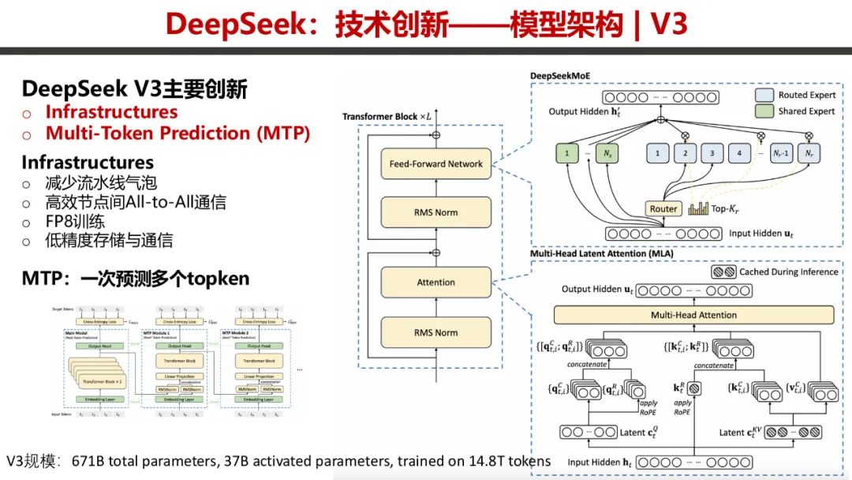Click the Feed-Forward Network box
coord(435,164)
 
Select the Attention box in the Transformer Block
coord(435,282)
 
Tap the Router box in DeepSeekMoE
coord(664,209)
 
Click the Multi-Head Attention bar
coord(693,315)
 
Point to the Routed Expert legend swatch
coord(763,95)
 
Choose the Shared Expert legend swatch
coord(763,111)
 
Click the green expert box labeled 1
coord(566,153)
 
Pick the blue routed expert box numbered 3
coord(712,153)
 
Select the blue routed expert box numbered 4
coord(739,153)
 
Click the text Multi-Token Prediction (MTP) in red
coord(177,133)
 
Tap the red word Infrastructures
coord(111,112)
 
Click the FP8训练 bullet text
coord(75,222)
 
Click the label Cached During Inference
coord(788,272)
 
